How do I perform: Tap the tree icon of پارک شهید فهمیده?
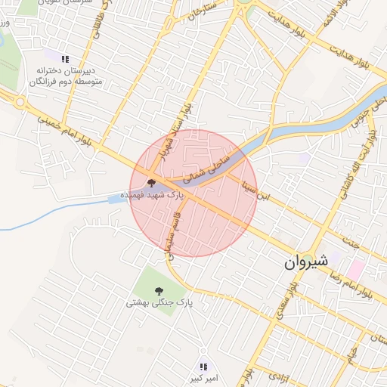(x=150, y=183)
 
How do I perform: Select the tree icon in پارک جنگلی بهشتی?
(x=159, y=290)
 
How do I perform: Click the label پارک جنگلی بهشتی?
(x=159, y=302)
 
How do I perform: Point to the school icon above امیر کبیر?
(x=202, y=367)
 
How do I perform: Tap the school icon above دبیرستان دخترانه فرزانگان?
(x=65, y=58)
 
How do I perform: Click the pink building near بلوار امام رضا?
(x=355, y=269)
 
